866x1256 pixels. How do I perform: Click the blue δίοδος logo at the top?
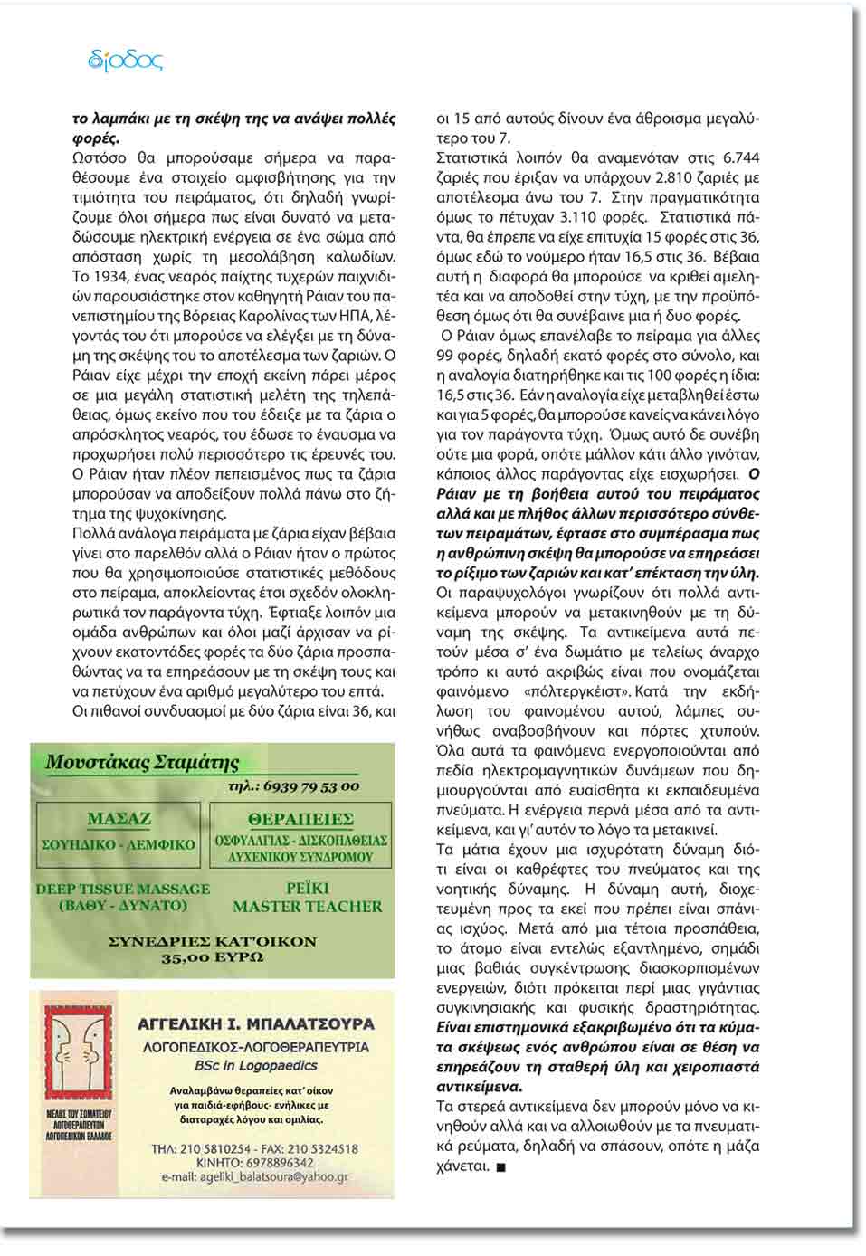[x=126, y=61]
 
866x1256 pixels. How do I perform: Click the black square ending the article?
[x=502, y=1167]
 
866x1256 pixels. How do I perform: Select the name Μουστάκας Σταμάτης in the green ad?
[x=142, y=762]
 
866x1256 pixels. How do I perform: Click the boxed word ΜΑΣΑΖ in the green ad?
[x=119, y=819]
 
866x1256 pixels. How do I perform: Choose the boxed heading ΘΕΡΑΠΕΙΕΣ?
[x=300, y=819]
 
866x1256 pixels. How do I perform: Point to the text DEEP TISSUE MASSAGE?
[x=123, y=889]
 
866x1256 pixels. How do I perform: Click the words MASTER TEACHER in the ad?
[x=308, y=907]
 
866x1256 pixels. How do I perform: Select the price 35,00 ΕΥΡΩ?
[x=213, y=957]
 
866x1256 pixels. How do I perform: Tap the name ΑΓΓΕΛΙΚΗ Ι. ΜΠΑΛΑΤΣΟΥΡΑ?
[x=256, y=1024]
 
